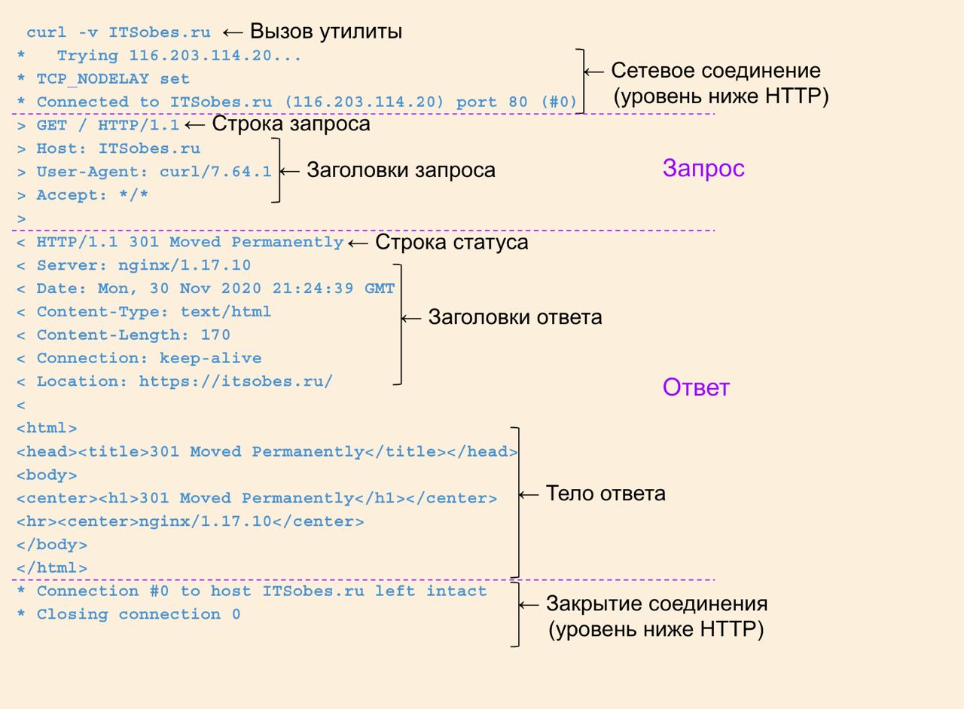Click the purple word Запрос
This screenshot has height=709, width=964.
click(x=703, y=168)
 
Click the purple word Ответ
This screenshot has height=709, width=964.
click(x=696, y=387)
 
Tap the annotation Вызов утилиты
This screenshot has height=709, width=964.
click(x=325, y=32)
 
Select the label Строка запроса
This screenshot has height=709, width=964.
click(x=291, y=124)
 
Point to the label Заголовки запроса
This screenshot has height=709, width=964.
click(x=401, y=170)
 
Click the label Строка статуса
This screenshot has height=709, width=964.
click(x=451, y=243)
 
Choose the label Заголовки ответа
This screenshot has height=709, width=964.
click(x=515, y=317)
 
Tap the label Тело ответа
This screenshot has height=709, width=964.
click(x=606, y=494)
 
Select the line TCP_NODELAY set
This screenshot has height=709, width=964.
click(x=113, y=79)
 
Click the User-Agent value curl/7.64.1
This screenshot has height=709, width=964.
click(x=215, y=172)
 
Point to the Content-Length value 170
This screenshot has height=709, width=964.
click(x=215, y=335)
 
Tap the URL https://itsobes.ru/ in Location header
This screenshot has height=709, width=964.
click(x=236, y=381)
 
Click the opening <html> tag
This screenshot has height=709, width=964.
click(x=47, y=428)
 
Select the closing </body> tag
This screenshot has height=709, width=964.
click(x=51, y=545)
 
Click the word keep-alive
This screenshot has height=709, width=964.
click(x=210, y=358)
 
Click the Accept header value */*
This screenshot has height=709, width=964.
click(x=133, y=195)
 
